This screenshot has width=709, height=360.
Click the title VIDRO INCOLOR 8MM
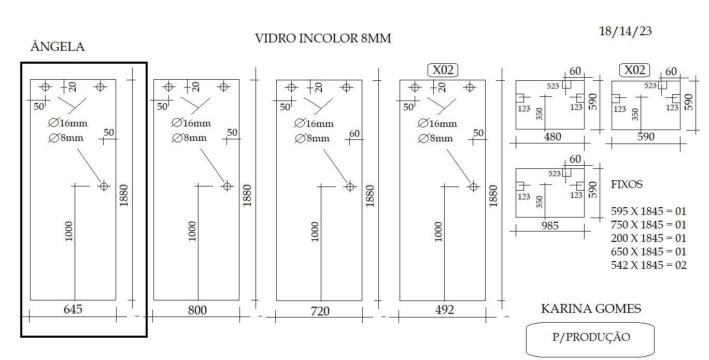[x=323, y=38]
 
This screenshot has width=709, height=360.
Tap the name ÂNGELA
[x=58, y=46]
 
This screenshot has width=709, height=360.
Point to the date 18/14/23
[x=625, y=31]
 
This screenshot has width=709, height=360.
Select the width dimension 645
[x=73, y=309]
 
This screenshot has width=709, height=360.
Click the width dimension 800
[x=197, y=310]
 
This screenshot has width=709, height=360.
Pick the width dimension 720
[x=320, y=311]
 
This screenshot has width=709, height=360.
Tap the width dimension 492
[x=444, y=310]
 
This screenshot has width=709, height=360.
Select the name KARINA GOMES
[x=591, y=308]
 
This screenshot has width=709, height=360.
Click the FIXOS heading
[x=627, y=184]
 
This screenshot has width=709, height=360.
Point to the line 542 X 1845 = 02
[x=648, y=265]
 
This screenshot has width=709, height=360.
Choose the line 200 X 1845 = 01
[x=648, y=238]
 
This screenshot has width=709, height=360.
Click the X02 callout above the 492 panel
[x=443, y=70]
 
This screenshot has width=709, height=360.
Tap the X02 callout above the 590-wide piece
[x=634, y=70]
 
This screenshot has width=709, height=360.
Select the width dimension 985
[x=550, y=225]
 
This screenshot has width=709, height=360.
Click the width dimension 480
[x=552, y=137]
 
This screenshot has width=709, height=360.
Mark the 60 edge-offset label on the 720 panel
[x=354, y=134]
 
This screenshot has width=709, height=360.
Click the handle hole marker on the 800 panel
[x=227, y=186]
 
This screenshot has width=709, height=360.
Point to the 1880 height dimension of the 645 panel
[x=123, y=195]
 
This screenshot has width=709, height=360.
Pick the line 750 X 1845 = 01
[x=648, y=225]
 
